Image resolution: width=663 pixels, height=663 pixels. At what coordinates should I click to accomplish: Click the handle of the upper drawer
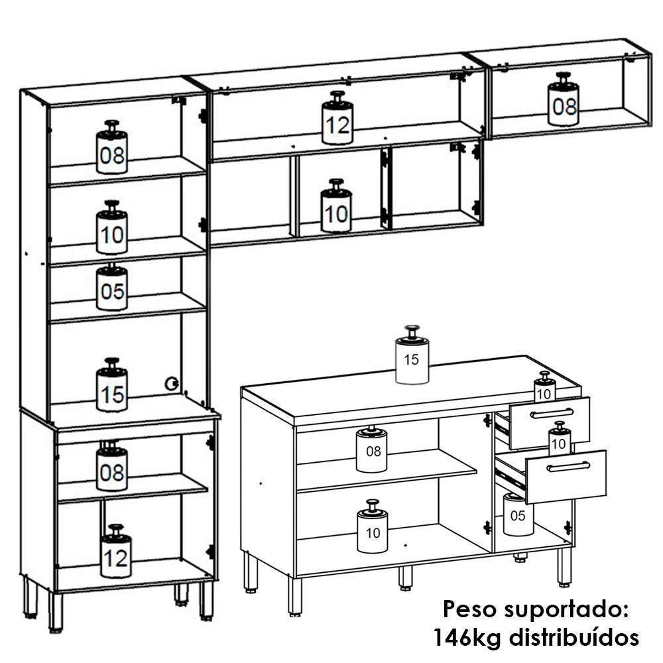click(x=551, y=414)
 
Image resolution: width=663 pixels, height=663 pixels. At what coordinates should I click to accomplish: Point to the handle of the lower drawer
click(x=568, y=467)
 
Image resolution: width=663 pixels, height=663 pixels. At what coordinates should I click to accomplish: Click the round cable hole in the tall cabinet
click(x=172, y=383)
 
